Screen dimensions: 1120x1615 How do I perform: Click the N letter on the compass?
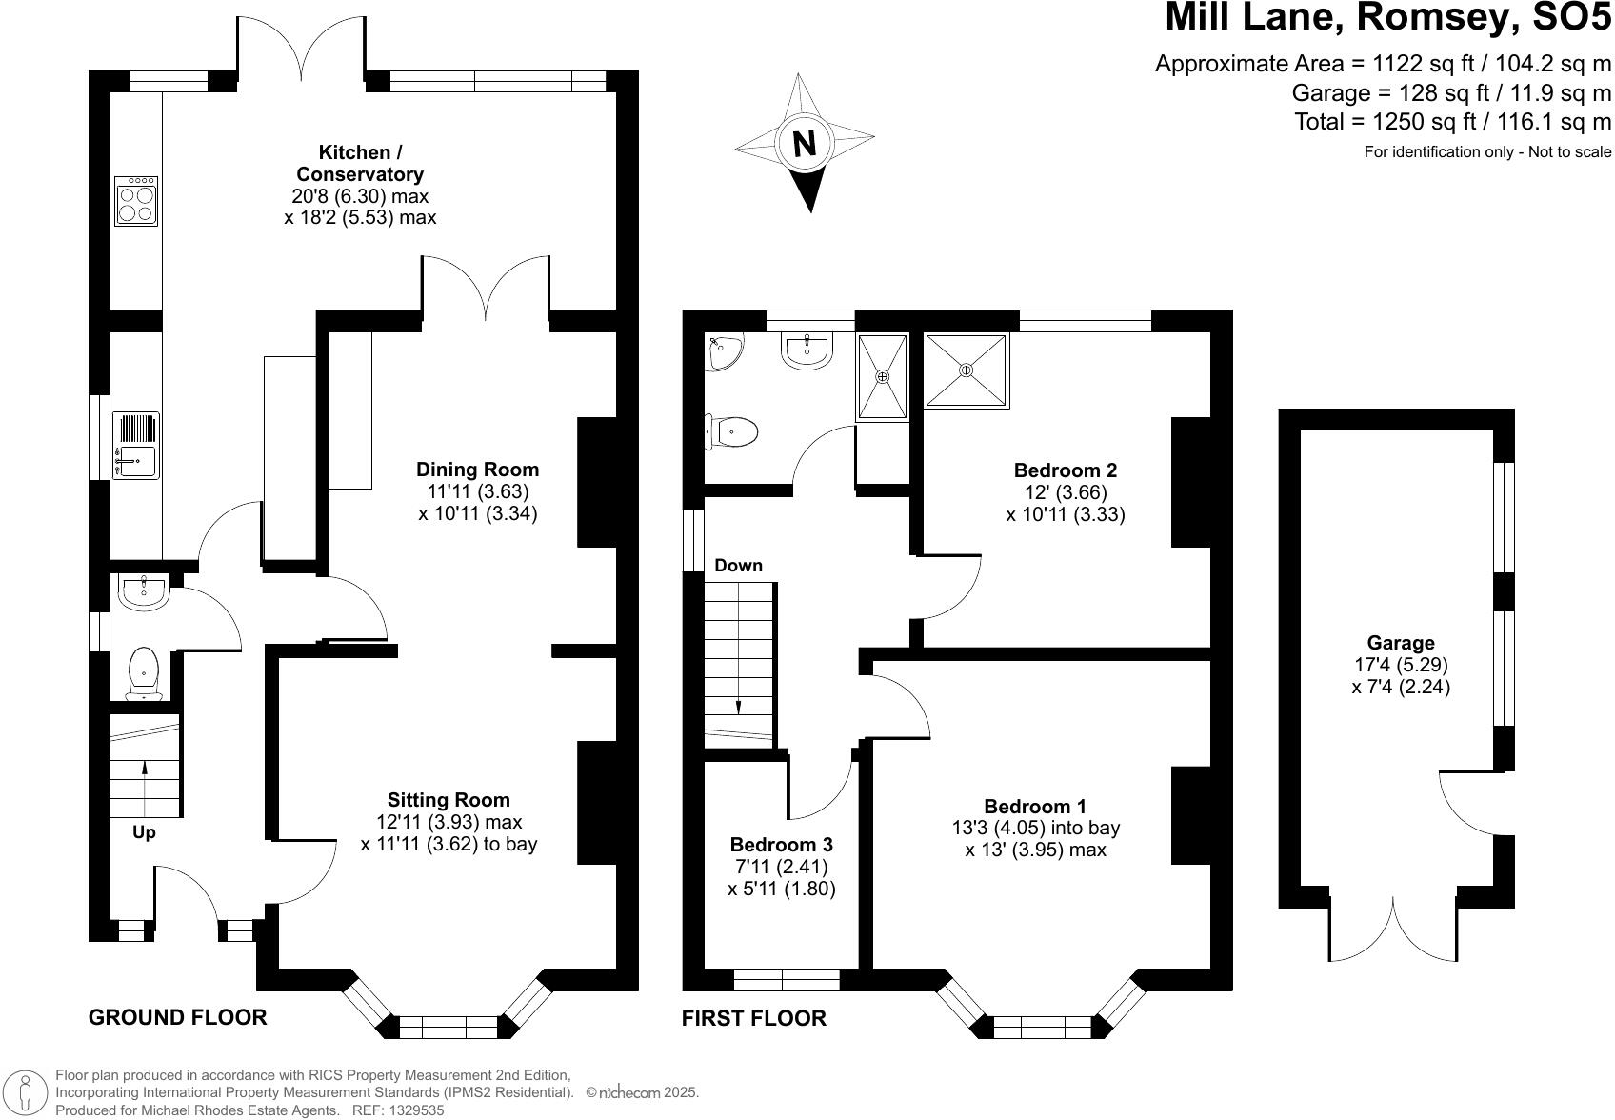tap(805, 144)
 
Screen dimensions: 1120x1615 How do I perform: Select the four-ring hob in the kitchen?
tap(136, 202)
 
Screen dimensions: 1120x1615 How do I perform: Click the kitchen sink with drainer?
tap(135, 446)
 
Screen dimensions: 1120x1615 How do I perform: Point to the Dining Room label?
tap(477, 470)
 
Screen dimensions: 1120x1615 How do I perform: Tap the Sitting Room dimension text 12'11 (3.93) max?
tap(449, 822)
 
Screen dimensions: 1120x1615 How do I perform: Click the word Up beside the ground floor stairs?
tap(144, 832)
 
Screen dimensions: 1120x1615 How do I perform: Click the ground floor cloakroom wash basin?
tap(143, 591)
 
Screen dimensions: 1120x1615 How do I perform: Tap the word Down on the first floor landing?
tap(738, 566)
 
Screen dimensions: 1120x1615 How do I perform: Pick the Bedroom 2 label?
tap(1065, 470)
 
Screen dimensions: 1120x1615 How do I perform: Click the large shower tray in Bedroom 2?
tap(967, 370)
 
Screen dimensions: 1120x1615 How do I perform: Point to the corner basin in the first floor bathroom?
tap(723, 350)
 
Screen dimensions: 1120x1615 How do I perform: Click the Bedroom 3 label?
tap(781, 845)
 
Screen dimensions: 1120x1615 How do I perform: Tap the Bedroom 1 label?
tap(1035, 807)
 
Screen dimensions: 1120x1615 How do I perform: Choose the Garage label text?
tap(1400, 643)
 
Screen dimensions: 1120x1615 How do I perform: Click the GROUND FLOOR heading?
tap(177, 1017)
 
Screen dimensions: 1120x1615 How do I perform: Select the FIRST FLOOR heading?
tap(753, 1018)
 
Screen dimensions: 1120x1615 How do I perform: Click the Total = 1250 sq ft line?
tap(1452, 122)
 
